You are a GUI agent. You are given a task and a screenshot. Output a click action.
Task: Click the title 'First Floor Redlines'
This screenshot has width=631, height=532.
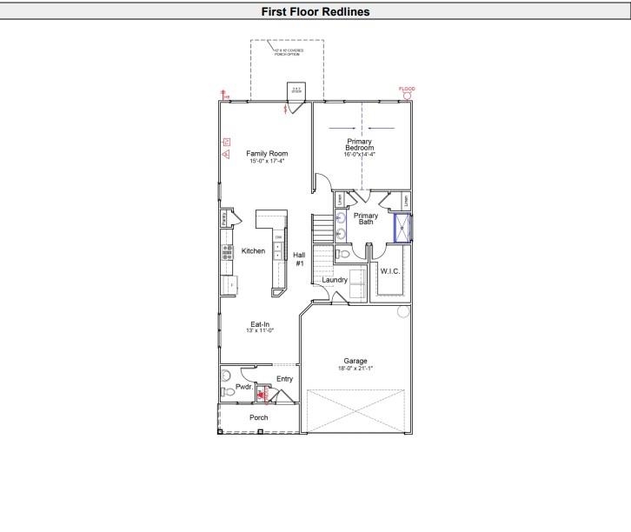click(315, 11)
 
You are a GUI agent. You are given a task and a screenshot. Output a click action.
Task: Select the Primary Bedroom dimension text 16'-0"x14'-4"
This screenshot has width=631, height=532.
click(360, 154)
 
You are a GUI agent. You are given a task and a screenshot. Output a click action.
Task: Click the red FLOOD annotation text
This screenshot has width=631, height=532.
click(407, 89)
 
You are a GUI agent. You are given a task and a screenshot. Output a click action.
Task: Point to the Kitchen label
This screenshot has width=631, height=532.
click(253, 251)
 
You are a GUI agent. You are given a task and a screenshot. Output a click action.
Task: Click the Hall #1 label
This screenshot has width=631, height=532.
click(299, 258)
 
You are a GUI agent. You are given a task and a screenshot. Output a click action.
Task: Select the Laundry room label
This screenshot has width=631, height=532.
click(335, 280)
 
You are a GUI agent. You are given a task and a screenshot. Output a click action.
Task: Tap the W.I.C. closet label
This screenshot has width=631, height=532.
click(389, 271)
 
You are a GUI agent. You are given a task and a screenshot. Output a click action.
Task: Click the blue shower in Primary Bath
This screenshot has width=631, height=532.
click(404, 228)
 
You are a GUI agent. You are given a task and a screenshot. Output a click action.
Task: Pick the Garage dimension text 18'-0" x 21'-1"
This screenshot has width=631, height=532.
click(355, 368)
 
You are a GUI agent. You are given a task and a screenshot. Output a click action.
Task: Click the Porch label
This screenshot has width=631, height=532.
click(259, 417)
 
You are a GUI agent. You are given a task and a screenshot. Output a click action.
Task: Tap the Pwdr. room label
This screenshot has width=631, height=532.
click(243, 386)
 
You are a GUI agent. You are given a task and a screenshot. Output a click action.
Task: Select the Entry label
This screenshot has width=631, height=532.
click(285, 379)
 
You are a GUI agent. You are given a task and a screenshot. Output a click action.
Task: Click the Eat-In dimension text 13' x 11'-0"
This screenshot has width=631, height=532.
click(260, 330)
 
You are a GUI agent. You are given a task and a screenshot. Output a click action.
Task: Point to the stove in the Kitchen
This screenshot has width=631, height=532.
click(227, 252)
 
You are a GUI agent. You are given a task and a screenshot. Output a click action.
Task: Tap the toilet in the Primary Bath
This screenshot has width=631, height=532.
click(343, 255)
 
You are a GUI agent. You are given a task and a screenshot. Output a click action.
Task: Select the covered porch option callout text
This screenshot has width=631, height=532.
click(287, 52)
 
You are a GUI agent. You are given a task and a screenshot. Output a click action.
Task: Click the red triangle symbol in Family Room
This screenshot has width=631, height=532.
click(225, 155)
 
